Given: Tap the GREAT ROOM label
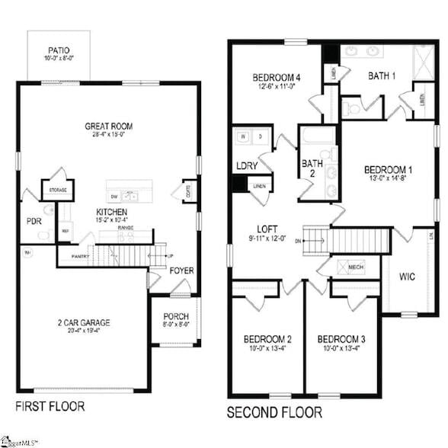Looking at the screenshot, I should click(110, 126).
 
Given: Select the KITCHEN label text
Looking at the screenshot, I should click(111, 211).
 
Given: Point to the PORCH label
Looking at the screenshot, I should click(176, 317).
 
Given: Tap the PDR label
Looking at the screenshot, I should click(34, 222).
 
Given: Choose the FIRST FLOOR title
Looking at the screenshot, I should click(50, 405).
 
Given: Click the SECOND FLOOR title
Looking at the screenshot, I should click(274, 412).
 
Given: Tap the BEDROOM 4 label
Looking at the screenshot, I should click(277, 77).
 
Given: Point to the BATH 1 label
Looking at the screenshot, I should click(382, 75).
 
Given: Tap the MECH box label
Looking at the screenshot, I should click(356, 267).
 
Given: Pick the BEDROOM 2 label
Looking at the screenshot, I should click(267, 339).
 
